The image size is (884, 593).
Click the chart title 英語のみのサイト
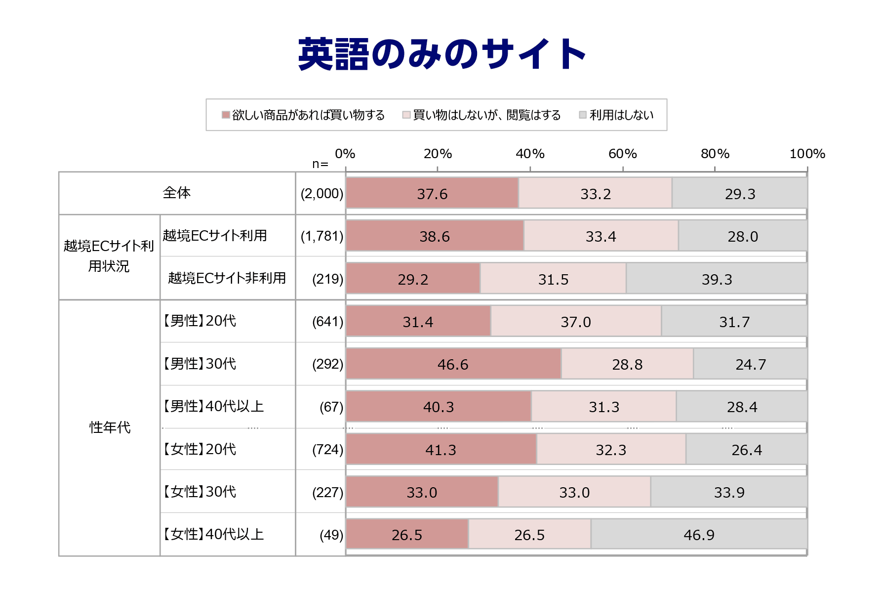(x=442, y=54)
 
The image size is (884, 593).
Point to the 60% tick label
(x=622, y=154)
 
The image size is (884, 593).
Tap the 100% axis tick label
(x=807, y=154)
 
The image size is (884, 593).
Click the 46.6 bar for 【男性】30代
(x=453, y=364)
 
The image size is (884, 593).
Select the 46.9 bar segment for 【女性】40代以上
(x=699, y=535)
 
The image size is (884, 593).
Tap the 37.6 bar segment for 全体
(x=432, y=193)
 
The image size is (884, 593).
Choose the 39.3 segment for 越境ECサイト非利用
(x=717, y=279)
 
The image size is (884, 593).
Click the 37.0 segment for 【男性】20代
(x=576, y=322)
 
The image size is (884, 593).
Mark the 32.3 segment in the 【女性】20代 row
(x=611, y=450)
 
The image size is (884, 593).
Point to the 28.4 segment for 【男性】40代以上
(x=742, y=407)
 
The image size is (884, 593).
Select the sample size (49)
(x=331, y=535)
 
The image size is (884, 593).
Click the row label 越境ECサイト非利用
(x=227, y=278)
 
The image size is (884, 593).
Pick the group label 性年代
(x=110, y=427)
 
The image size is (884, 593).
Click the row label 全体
(x=176, y=193)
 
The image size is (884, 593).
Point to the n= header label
(x=320, y=164)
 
